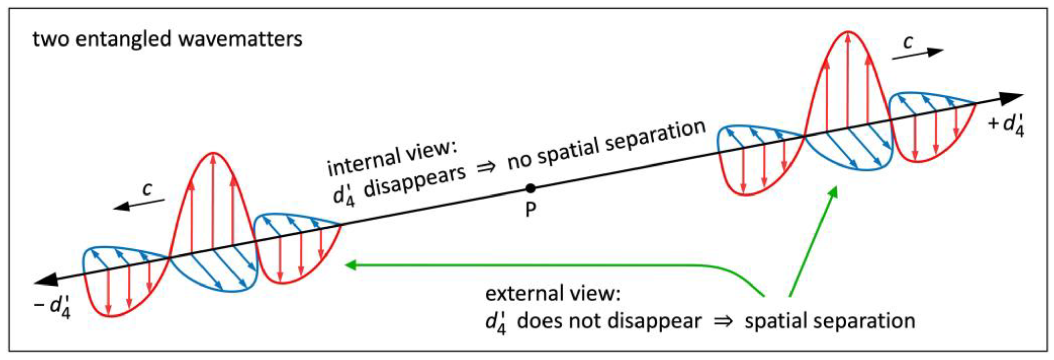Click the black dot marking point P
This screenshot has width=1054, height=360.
tap(530, 188)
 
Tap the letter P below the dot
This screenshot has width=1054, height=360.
tap(530, 210)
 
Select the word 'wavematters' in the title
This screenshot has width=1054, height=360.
tap(240, 40)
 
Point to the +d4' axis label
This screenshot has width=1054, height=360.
tap(1006, 125)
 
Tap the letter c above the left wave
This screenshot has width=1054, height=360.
tap(147, 189)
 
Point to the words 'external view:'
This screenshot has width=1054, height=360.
tap(552, 294)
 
